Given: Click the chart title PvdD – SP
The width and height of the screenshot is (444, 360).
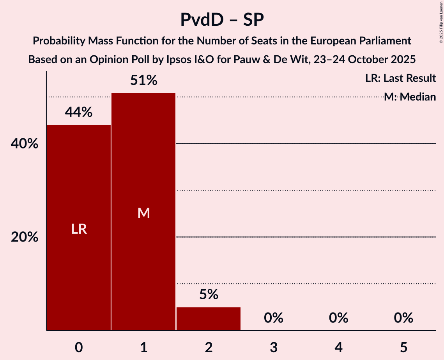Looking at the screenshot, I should (x=222, y=19).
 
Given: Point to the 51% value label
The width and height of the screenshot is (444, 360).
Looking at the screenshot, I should (x=143, y=81).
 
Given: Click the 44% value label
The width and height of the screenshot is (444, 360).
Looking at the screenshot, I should (x=79, y=113).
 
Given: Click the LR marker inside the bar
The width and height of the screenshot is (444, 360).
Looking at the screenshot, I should (x=79, y=229).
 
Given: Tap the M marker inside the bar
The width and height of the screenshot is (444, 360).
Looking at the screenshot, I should (x=143, y=213).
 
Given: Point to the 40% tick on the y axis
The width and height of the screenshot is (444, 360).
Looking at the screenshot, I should (x=24, y=144).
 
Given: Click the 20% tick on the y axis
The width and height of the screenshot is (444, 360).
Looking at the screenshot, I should (x=24, y=237).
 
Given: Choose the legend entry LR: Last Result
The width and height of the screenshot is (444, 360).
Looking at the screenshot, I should (x=400, y=78).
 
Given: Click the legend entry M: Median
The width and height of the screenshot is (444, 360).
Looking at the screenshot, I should (x=409, y=97).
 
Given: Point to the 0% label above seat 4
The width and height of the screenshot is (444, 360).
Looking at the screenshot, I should (x=338, y=318).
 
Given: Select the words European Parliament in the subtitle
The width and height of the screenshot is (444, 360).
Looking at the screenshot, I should (x=363, y=41).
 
